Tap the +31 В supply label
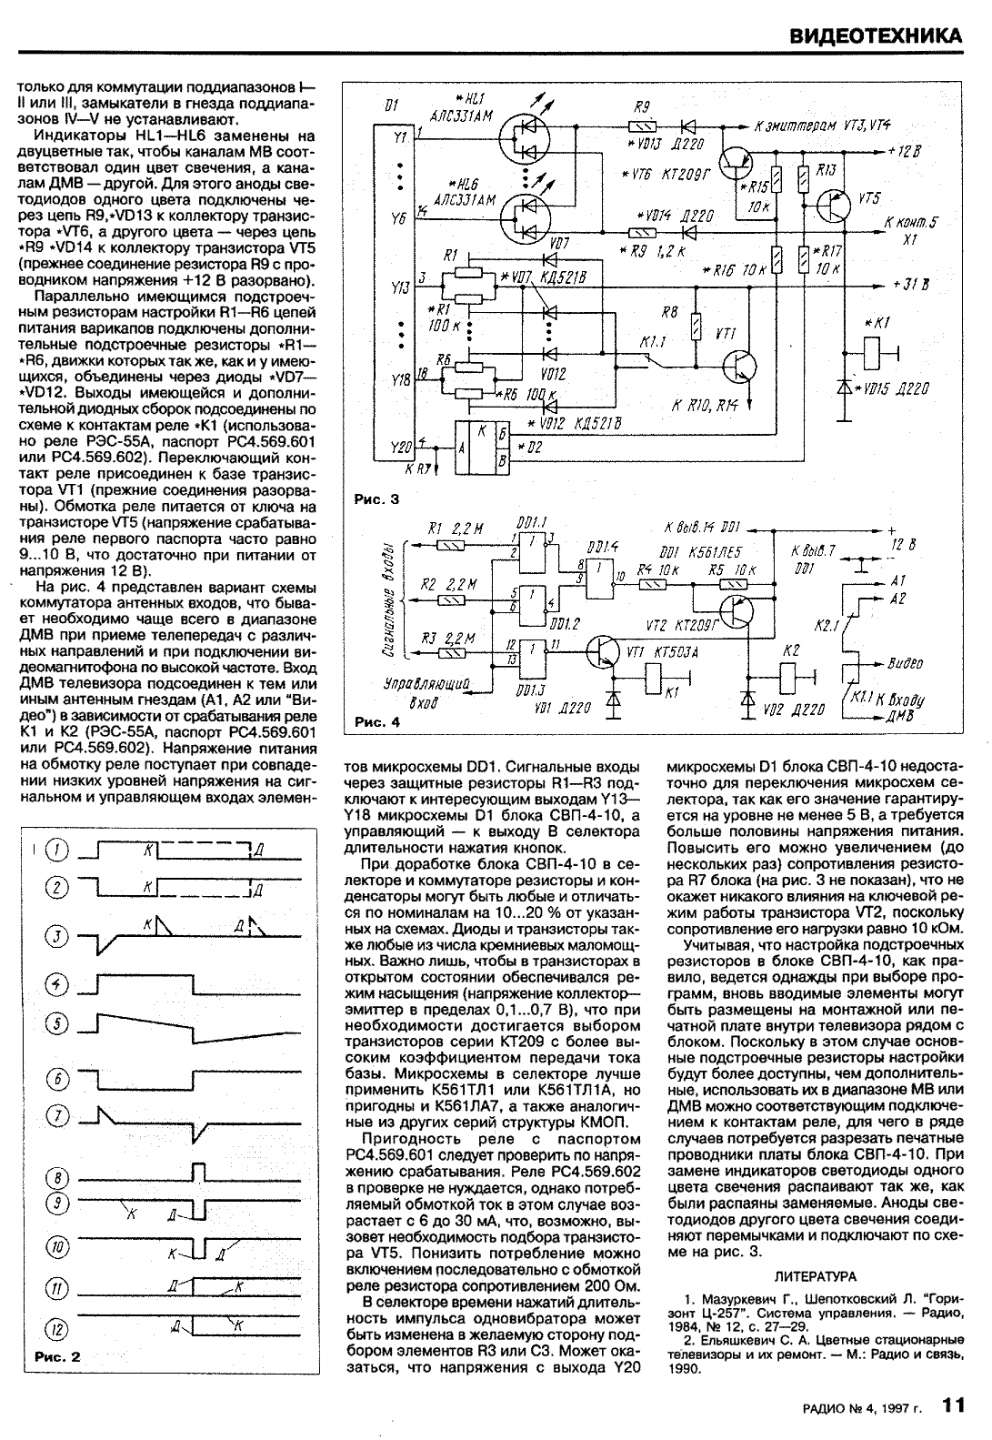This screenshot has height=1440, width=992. coord(909,284)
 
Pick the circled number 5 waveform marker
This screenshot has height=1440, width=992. coord(57,1024)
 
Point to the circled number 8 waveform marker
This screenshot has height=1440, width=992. coord(57,1179)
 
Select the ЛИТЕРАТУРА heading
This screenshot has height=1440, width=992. coord(816,1276)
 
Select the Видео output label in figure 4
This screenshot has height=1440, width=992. coord(905,663)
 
